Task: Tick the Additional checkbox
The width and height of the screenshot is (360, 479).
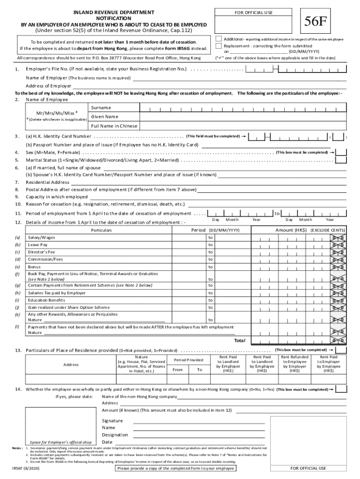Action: [219, 38]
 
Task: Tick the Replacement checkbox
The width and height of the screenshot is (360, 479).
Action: [219, 46]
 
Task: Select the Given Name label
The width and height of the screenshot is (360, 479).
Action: [105, 116]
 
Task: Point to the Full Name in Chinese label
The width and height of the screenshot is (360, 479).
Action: [115, 126]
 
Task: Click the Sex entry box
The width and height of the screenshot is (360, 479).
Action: [341, 152]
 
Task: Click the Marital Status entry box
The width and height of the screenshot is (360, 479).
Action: [341, 160]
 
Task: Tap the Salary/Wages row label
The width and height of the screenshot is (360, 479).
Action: [41, 238]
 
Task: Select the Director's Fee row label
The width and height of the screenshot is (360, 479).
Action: [41, 252]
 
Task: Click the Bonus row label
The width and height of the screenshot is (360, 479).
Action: [34, 267]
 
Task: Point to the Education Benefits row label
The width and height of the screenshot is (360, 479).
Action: [46, 300]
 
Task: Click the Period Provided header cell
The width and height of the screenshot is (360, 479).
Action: [188, 360]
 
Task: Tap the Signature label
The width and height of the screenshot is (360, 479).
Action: [112, 421]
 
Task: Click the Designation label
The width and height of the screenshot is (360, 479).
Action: [115, 435]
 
